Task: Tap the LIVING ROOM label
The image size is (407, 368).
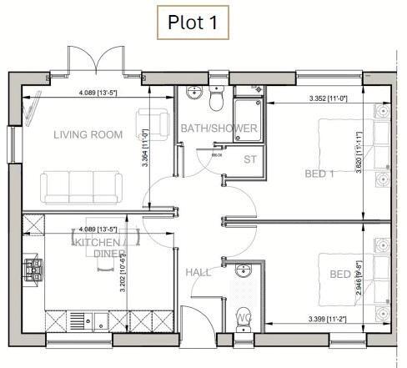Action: [88, 134]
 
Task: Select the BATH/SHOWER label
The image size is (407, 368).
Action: [219, 129]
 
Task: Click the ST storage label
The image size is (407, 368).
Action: [250, 159]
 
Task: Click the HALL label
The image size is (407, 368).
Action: [198, 272]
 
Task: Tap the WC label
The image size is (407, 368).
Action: [244, 318]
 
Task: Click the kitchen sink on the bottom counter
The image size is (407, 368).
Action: [88, 319]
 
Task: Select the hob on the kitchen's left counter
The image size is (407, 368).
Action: [35, 268]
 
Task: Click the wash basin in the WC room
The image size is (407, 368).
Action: [243, 270]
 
